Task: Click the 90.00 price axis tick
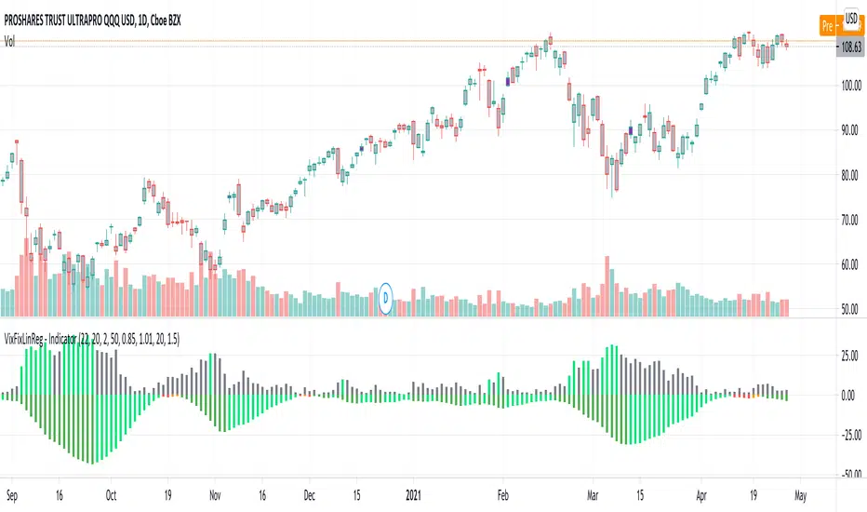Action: click(846, 130)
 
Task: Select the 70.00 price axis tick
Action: click(846, 221)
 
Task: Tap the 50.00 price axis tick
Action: click(846, 310)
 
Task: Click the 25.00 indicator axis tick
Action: click(846, 356)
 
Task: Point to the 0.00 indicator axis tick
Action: click(847, 395)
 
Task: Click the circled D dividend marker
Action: click(386, 297)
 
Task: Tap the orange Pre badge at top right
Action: click(829, 26)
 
